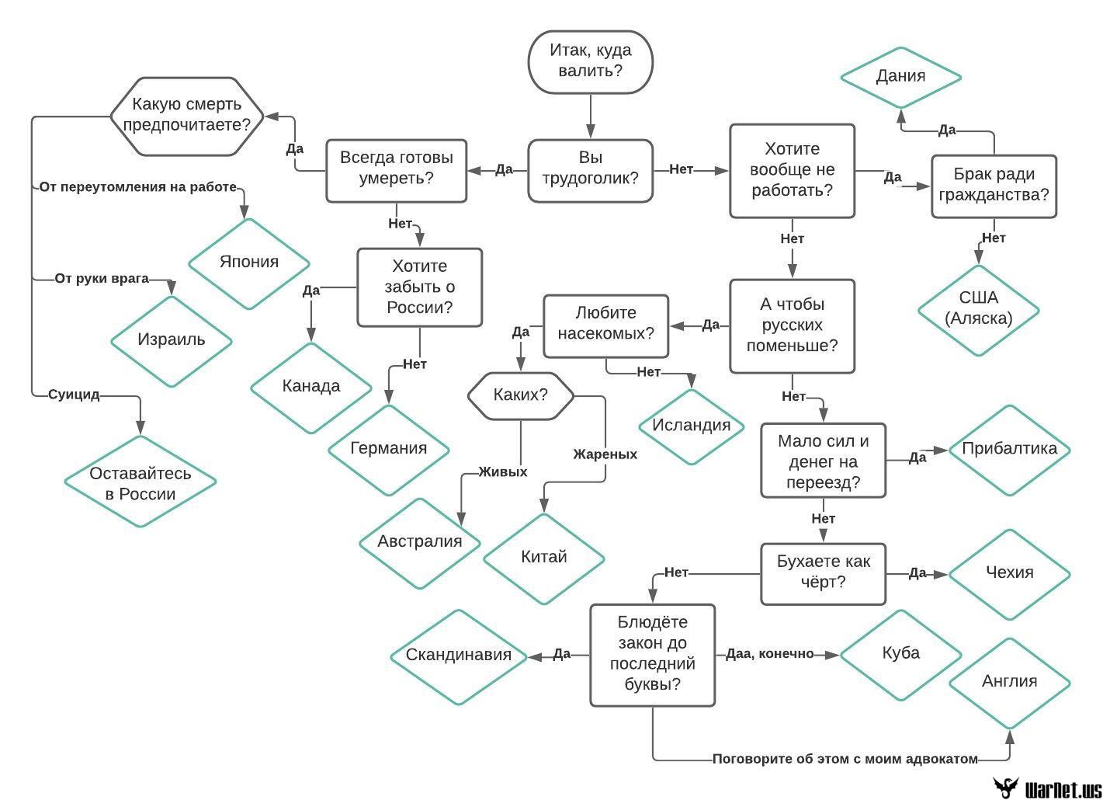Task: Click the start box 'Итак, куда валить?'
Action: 591,62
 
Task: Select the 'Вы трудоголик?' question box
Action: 591,171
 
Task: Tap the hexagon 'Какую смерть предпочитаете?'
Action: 186,117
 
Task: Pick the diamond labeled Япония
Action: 249,264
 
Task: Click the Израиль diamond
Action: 172,342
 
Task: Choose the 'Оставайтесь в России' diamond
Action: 140,482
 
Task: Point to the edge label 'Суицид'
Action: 74,395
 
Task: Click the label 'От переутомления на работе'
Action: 138,187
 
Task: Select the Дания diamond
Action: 900,78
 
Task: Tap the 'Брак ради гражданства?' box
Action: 994,186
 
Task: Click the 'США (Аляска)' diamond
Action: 979,311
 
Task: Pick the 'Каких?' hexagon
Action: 521,395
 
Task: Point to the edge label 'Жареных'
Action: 605,454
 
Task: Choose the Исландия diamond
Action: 692,426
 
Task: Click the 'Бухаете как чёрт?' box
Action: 824,574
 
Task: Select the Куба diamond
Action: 900,656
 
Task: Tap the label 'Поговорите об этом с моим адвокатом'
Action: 845,759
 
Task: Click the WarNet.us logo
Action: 1047,787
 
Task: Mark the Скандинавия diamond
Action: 459,656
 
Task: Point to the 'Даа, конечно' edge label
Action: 770,654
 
